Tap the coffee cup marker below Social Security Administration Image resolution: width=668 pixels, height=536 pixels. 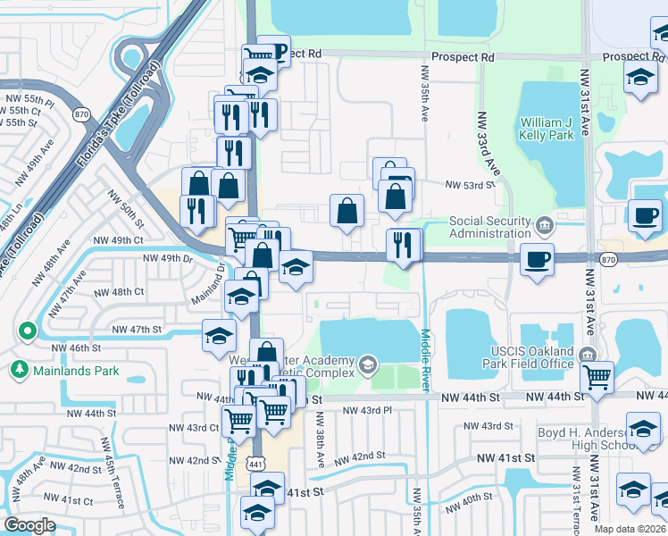[537, 259]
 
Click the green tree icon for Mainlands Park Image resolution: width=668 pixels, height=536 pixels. [18, 368]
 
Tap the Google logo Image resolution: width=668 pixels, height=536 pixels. [29, 524]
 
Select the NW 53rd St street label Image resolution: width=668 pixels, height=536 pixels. [470, 185]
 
